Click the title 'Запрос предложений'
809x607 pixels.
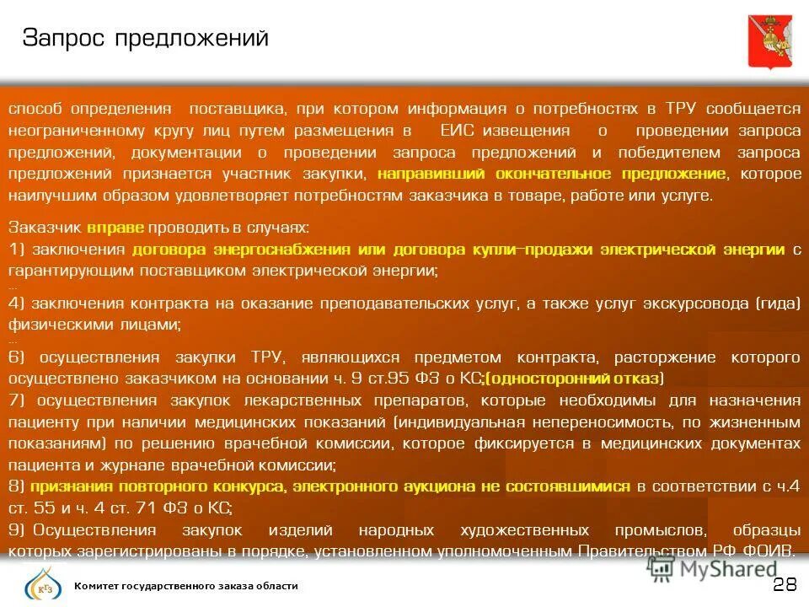point(145,38)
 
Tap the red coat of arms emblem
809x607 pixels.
point(769,41)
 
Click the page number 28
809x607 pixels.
point(784,585)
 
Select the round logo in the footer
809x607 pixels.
point(40,584)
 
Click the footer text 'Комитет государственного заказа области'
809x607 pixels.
point(186,586)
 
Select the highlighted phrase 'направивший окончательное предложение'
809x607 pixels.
point(551,174)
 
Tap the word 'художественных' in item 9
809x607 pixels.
point(524,530)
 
